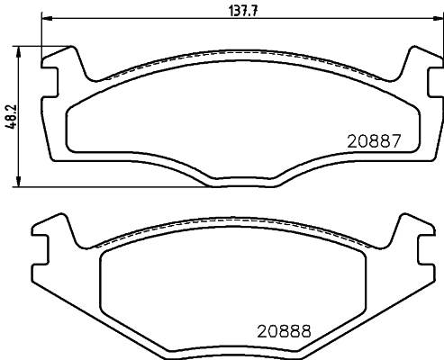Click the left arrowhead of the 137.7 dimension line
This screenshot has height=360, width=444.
[x=45, y=18]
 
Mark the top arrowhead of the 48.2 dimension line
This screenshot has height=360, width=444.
[x=21, y=49]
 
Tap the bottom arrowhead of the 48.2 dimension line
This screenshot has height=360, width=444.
[x=21, y=183]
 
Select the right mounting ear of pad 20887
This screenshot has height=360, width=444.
[x=416, y=67]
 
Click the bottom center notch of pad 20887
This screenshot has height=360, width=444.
[x=240, y=184]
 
